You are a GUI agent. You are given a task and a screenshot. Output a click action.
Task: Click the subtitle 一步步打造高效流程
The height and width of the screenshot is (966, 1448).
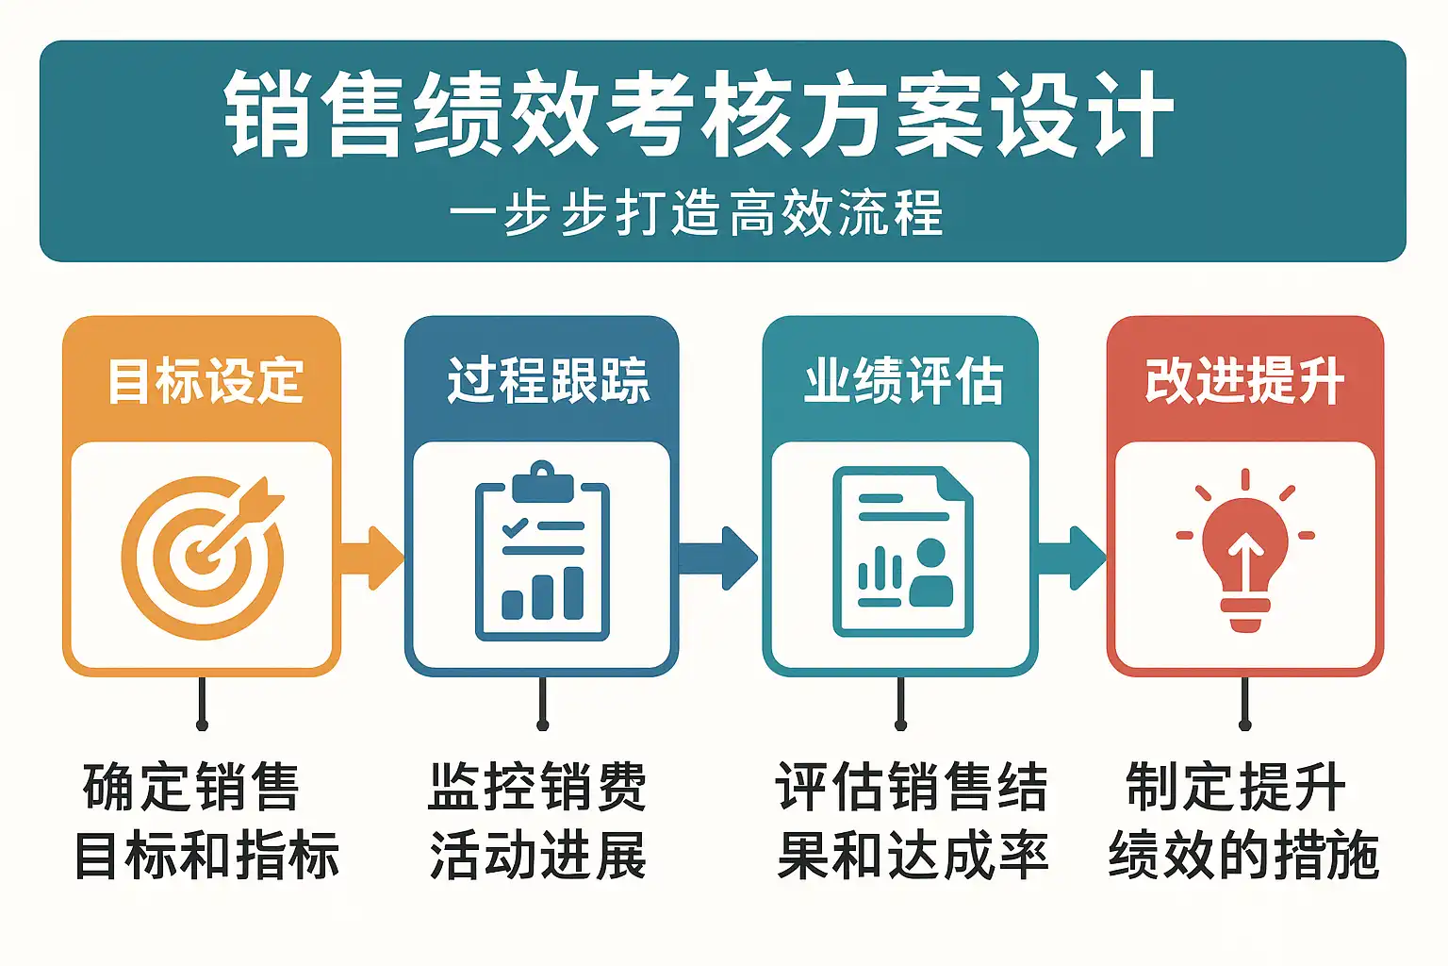[697, 212]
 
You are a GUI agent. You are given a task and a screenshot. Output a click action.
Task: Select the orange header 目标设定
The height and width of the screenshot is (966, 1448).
[205, 381]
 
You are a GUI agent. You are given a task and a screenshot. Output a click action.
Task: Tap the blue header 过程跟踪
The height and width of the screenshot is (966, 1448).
[548, 381]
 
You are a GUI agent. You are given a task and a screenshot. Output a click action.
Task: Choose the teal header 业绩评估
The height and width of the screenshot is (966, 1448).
[903, 381]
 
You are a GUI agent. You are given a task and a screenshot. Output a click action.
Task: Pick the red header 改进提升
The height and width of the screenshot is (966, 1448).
[1244, 381]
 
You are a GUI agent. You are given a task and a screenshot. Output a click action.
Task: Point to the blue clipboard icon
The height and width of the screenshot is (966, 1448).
[542, 552]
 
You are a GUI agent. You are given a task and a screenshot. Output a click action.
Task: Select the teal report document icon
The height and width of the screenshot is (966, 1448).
[903, 552]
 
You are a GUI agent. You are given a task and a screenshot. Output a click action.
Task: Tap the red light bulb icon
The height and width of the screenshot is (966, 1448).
[1244, 552]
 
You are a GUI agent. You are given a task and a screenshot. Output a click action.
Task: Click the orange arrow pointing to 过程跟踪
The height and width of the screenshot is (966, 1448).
[371, 558]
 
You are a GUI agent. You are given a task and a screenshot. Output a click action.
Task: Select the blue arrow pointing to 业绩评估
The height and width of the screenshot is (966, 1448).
[718, 558]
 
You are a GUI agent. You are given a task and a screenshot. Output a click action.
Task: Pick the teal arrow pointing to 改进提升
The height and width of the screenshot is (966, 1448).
[1071, 558]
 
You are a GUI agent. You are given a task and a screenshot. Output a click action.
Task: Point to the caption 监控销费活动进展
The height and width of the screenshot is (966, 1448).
[538, 821]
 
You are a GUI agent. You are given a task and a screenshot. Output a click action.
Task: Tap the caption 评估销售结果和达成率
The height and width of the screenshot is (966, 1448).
[912, 821]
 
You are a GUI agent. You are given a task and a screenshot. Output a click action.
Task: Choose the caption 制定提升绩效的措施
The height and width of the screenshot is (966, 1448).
[1242, 821]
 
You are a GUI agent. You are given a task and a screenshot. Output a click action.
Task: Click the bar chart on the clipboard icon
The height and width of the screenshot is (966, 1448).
[543, 594]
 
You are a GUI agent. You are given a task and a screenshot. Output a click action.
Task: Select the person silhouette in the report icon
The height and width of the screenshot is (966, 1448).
[930, 574]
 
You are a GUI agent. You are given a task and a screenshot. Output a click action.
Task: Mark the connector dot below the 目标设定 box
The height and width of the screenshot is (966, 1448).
[202, 724]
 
